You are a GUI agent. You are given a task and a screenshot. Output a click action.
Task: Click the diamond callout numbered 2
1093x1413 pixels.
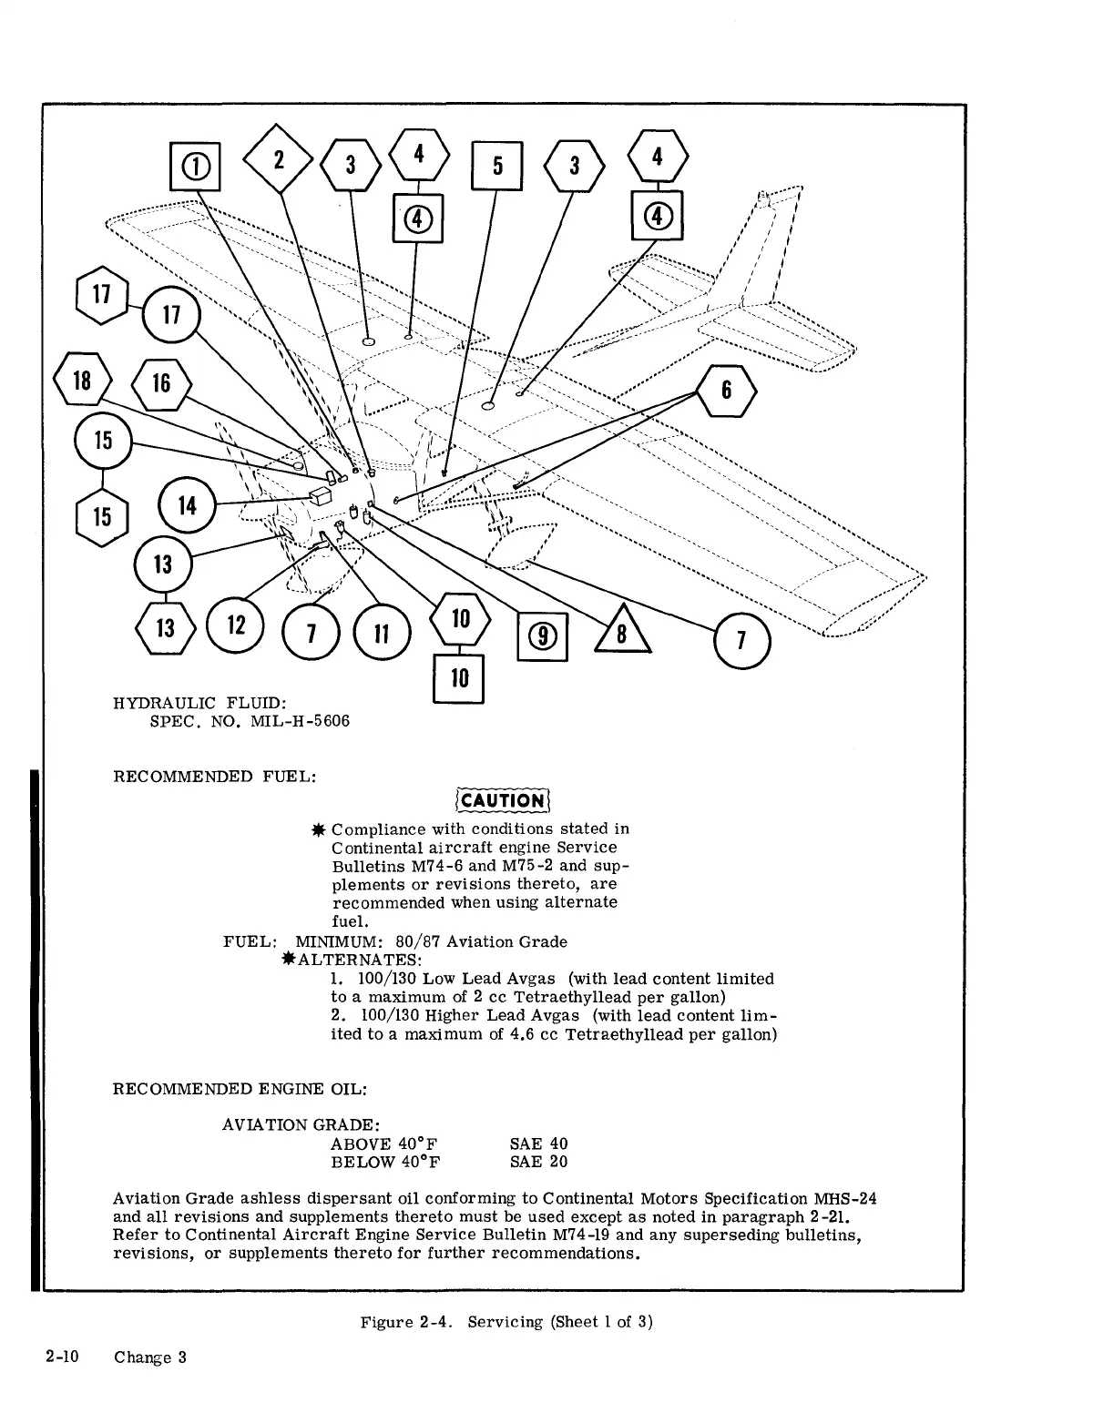279,159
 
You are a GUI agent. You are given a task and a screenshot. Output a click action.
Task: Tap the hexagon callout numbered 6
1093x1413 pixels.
726,390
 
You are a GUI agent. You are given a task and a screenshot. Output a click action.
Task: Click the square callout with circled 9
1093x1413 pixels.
542,635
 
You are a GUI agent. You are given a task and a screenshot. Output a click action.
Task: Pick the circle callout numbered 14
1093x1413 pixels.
187,505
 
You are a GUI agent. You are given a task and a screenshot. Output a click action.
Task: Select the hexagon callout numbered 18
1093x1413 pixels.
82,381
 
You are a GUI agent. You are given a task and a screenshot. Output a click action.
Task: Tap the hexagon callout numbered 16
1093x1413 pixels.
161,383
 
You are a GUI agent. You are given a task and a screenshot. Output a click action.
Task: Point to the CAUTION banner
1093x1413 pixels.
503,800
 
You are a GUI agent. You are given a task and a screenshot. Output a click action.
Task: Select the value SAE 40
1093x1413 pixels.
538,1144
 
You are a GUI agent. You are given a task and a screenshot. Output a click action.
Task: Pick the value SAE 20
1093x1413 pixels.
538,1162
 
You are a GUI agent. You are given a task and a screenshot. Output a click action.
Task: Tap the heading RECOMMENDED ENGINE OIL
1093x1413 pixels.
240,1089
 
